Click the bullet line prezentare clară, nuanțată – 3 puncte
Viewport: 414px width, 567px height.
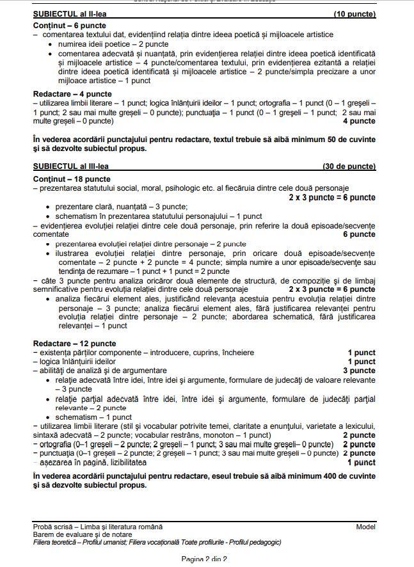point(122,207)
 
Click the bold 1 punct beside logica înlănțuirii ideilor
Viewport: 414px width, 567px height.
point(362,362)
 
